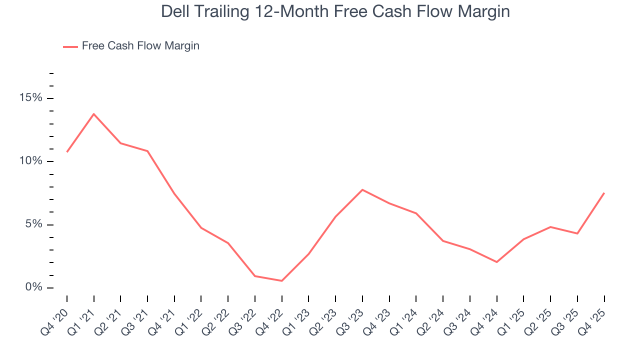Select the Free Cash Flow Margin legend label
coord(140,46)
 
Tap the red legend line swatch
coord(70,46)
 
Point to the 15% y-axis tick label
coord(31,98)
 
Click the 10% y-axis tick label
coord(31,161)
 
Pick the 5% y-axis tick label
coord(34,224)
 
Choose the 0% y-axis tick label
coord(34,287)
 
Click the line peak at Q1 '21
coord(93,114)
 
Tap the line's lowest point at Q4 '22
coord(281,280)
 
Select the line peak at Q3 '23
coord(362,190)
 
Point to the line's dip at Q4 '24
coord(496,262)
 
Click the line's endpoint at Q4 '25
coord(604,193)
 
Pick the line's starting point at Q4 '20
coord(67,151)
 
